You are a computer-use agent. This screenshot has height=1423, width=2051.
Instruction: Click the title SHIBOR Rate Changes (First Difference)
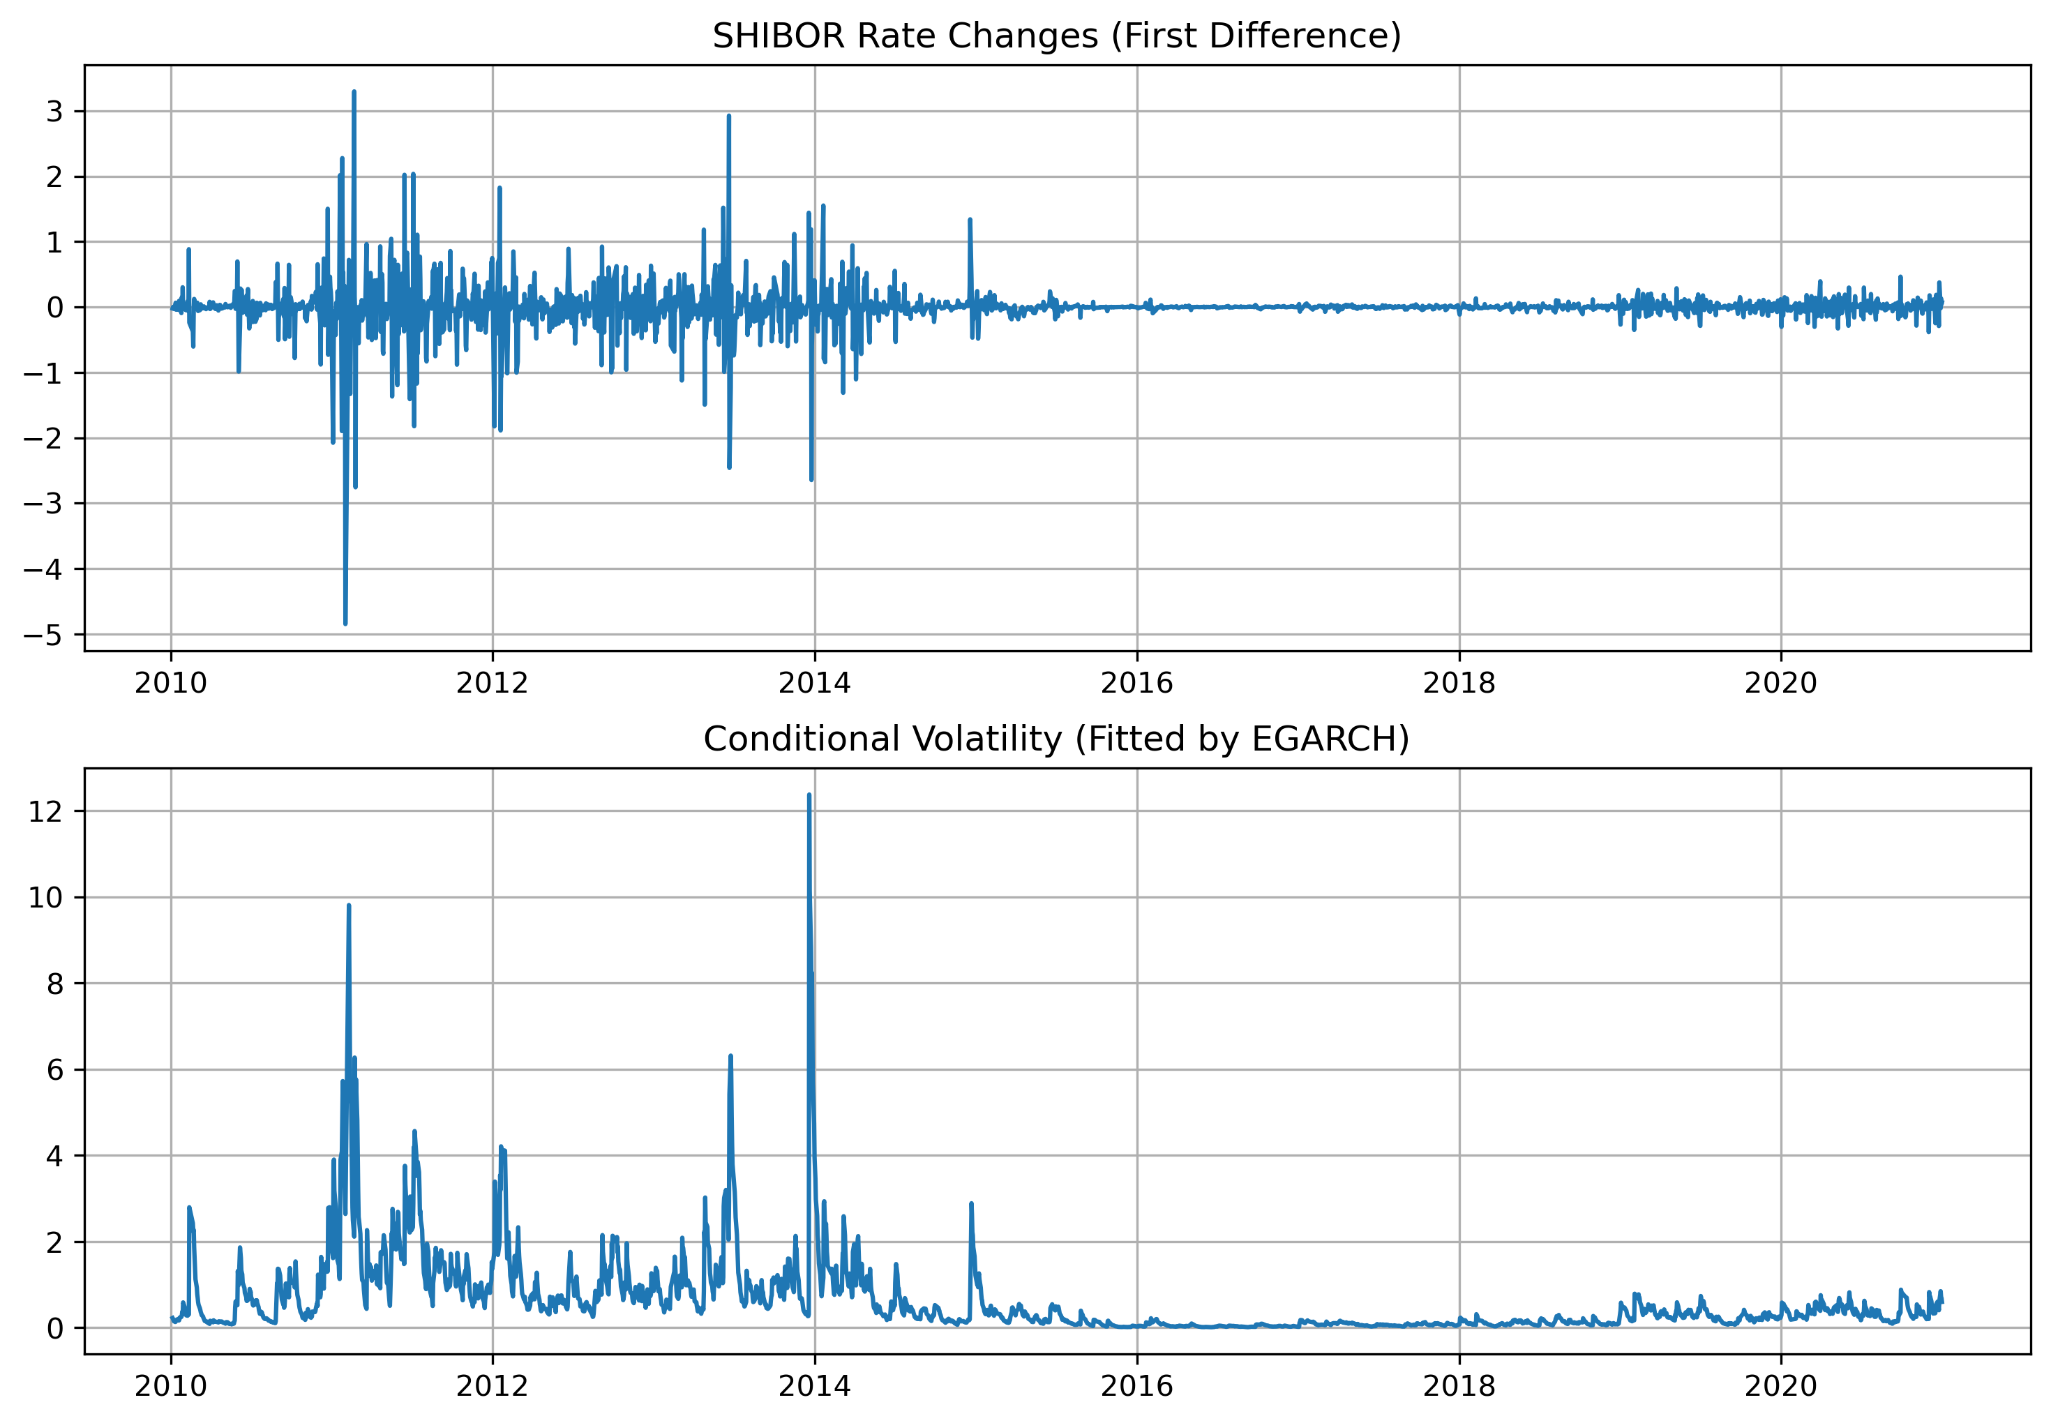pyautogui.click(x=1057, y=36)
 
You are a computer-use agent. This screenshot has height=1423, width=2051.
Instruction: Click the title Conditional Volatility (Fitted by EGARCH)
pyautogui.click(x=1057, y=739)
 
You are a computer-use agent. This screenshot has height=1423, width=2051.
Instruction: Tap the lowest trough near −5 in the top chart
pyautogui.click(x=345, y=623)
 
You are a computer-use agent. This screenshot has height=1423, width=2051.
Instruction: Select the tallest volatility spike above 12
pyautogui.click(x=809, y=795)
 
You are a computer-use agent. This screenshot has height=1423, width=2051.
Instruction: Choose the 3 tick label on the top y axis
pyautogui.click(x=55, y=112)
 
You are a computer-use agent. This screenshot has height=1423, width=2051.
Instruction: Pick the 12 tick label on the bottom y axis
pyautogui.click(x=45, y=811)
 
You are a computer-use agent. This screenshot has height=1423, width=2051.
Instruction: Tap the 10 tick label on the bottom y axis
pyautogui.click(x=45, y=898)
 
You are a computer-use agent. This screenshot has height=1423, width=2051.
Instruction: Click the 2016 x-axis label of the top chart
pyautogui.click(x=1136, y=684)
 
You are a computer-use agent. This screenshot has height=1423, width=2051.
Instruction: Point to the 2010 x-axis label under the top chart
pyautogui.click(x=170, y=684)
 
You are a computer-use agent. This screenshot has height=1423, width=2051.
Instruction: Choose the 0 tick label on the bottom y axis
pyautogui.click(x=55, y=1329)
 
